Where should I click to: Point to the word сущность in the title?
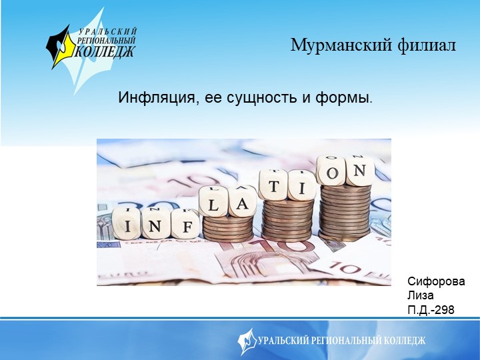[x=259, y=99]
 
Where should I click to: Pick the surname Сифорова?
[x=436, y=282]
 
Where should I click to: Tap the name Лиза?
[x=420, y=296]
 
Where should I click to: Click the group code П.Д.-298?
[x=431, y=310]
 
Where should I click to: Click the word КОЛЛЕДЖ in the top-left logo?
[x=105, y=51]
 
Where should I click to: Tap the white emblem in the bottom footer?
[x=247, y=340]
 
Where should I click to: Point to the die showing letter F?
[x=185, y=225]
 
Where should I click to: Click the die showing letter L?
[x=213, y=202]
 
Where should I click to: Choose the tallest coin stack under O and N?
[x=345, y=212]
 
